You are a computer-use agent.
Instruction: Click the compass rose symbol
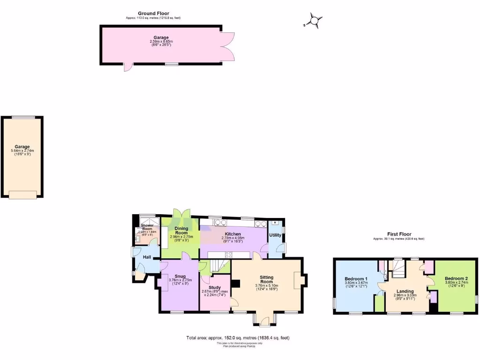pos(314,20)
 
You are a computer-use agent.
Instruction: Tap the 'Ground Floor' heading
pos(153,13)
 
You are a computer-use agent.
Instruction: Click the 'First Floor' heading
pos(399,234)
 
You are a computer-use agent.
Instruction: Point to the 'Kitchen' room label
pos(232,234)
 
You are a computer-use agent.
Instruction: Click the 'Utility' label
pos(275,235)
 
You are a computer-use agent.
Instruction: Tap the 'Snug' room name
pos(180,276)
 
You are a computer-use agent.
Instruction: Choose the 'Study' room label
pos(215,287)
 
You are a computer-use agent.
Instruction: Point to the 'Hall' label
pos(147,257)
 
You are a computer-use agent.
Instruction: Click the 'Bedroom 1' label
pos(356,278)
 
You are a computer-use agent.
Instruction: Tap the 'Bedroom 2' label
pos(456,278)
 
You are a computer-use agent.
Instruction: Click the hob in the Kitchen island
pos(229,255)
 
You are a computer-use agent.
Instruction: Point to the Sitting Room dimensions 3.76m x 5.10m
pos(267,285)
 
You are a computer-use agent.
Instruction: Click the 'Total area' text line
pos(241,337)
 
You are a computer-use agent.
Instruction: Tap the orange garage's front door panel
pos(22,194)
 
